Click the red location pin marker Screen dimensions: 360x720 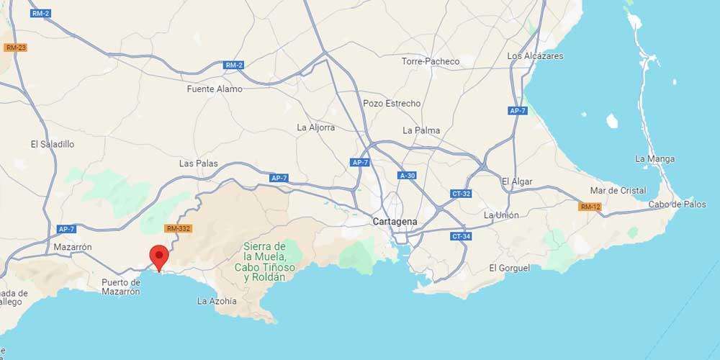point(158,256)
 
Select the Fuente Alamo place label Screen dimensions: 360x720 point(215,89)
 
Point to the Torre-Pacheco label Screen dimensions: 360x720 point(431,61)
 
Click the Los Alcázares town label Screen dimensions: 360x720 point(535,55)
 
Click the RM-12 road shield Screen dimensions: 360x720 point(589,207)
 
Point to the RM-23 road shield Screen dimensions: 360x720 point(15,48)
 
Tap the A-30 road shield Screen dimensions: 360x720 point(408,175)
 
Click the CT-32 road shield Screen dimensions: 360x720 point(460,194)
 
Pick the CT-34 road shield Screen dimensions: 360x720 point(460,236)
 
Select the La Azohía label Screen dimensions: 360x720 point(217,301)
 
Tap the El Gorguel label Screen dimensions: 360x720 point(509,268)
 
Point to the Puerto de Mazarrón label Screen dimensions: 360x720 point(121,287)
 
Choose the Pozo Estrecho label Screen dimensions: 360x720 point(392,104)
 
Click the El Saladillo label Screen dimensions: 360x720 point(53,144)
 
